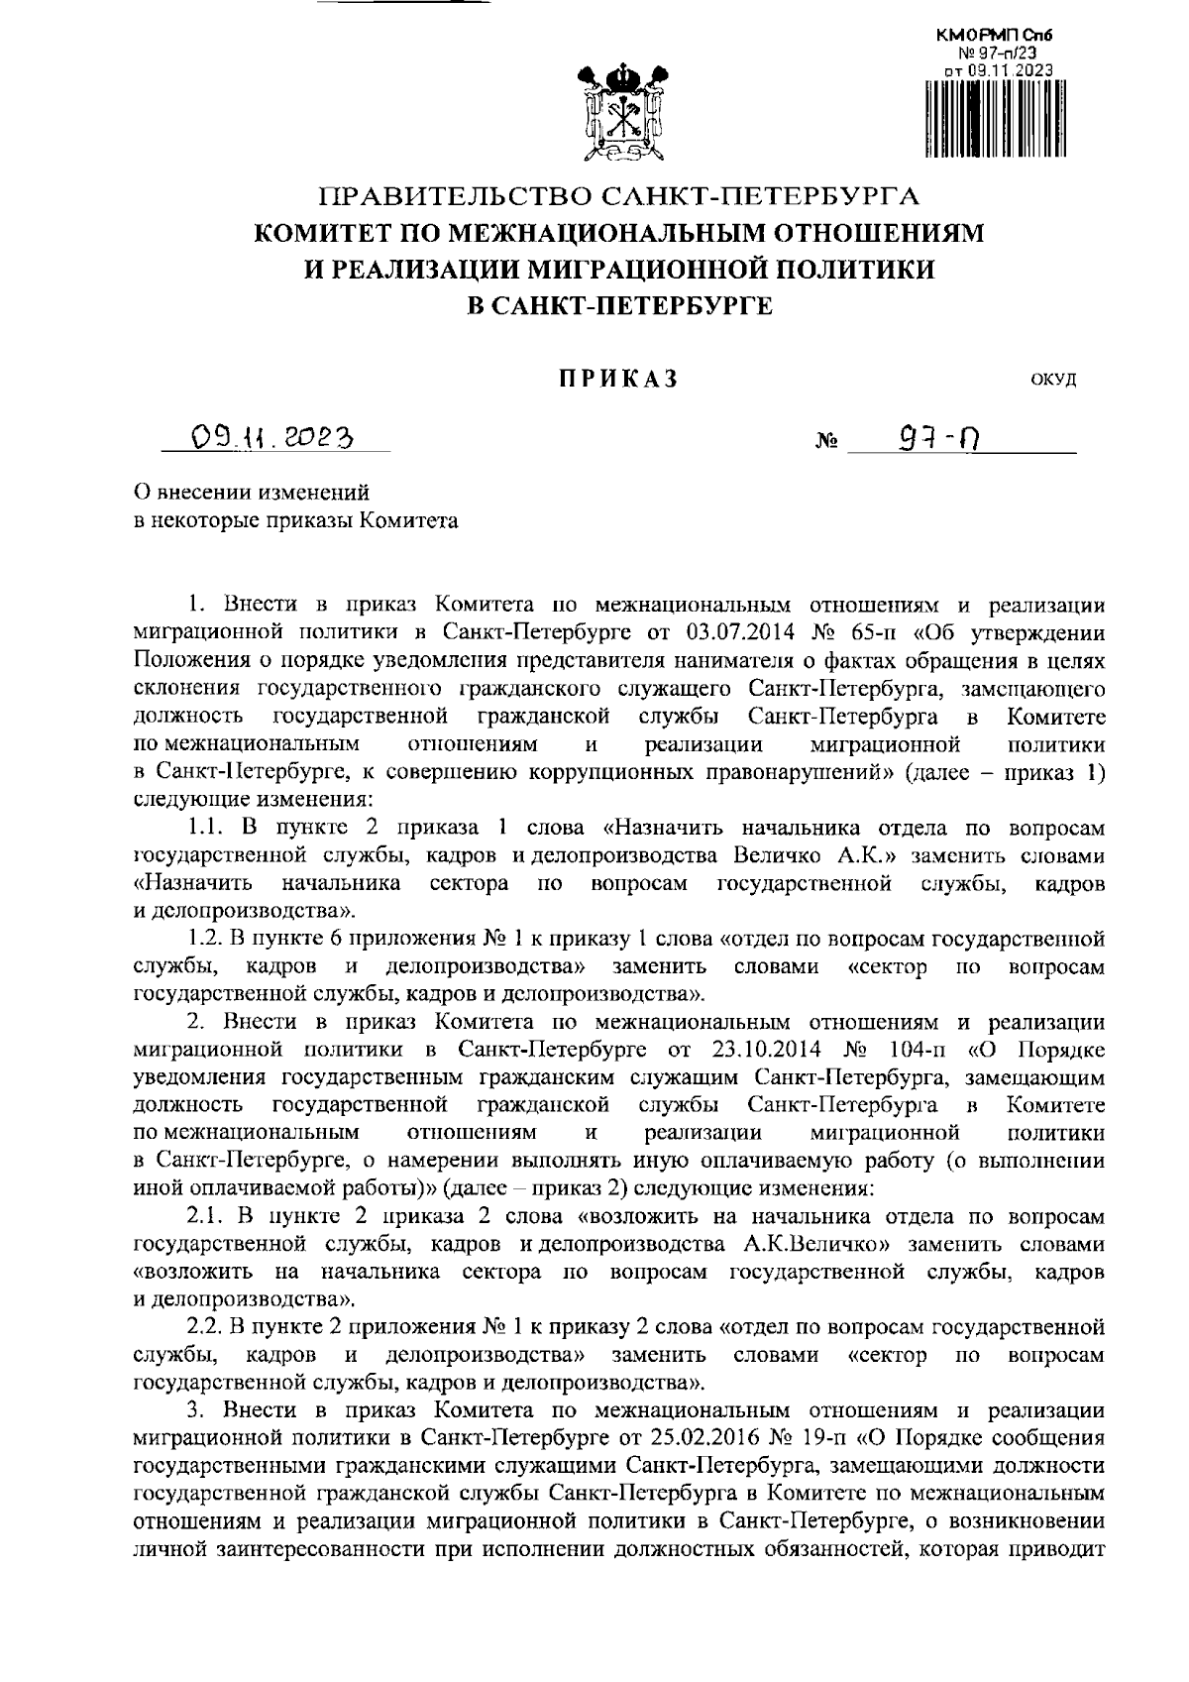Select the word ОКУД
click(x=1053, y=380)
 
